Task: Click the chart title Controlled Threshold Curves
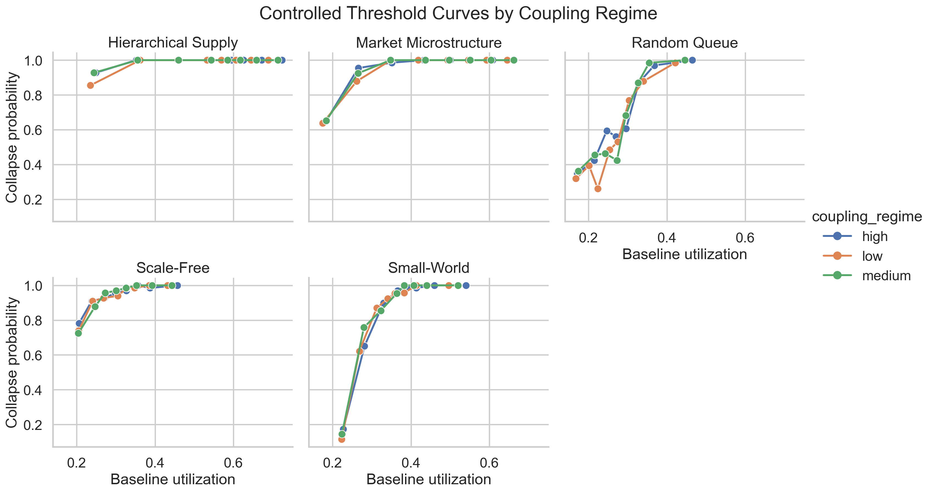458,14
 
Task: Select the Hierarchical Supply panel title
173,43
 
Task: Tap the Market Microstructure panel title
429,43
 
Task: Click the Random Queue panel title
685,43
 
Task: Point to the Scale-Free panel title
173,268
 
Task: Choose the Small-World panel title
429,268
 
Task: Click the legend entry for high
875,237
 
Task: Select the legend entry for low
872,256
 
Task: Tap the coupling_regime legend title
867,217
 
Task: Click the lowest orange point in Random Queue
598,188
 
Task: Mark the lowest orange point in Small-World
342,439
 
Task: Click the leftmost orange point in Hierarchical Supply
90,86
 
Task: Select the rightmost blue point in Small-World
466,286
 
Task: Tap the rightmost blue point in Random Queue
692,60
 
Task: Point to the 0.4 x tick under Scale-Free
155,463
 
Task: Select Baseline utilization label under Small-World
429,480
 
